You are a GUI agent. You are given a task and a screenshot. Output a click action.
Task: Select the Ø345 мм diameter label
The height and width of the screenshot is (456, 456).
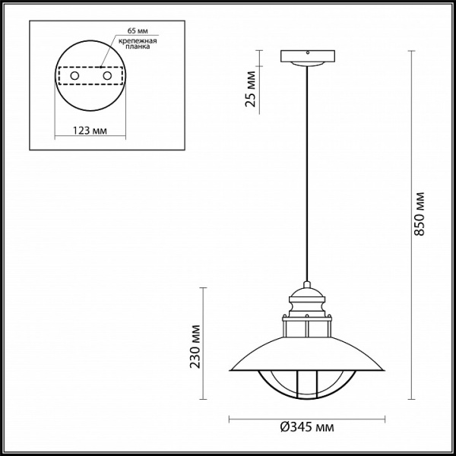[308, 429]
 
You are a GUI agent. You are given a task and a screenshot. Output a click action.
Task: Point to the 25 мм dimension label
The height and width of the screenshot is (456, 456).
[251, 90]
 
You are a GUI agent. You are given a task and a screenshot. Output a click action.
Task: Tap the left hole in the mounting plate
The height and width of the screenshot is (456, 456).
[74, 77]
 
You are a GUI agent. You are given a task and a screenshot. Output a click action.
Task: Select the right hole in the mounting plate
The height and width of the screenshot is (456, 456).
[108, 77]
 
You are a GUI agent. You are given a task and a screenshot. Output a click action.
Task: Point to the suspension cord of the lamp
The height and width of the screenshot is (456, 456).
[307, 175]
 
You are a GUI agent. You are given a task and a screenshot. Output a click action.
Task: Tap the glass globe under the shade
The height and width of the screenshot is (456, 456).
[307, 384]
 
